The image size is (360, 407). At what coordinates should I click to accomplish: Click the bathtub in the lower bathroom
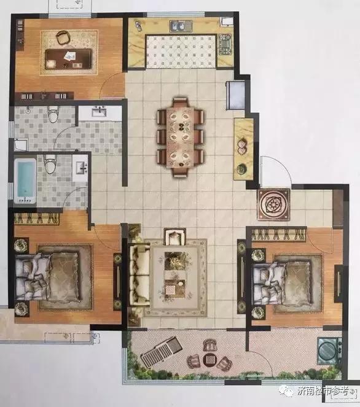click(25, 180)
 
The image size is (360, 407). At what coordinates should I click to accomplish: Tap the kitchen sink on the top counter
click(181, 26)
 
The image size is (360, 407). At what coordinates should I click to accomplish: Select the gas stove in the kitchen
click(224, 45)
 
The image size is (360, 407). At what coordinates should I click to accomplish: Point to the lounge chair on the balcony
click(162, 351)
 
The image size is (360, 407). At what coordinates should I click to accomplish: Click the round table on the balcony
click(209, 360)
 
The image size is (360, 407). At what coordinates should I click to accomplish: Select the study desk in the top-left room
click(68, 59)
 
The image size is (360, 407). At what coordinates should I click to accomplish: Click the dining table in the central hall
click(180, 138)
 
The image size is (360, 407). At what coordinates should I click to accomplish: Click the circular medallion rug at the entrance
click(273, 204)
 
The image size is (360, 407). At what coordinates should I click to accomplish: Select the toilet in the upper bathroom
click(53, 114)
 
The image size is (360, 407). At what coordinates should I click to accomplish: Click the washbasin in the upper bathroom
click(99, 112)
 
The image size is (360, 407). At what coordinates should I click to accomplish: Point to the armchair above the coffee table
click(176, 237)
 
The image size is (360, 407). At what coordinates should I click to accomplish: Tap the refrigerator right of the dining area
click(235, 96)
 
